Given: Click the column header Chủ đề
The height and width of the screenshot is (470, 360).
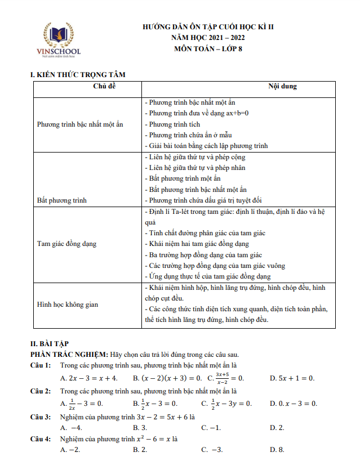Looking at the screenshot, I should click(x=88, y=87).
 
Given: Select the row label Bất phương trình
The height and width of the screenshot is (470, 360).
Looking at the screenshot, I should click(x=62, y=200).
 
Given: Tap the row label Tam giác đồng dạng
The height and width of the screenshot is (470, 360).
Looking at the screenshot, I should click(x=66, y=244).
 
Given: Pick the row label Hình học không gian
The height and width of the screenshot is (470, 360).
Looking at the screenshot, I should click(x=67, y=304).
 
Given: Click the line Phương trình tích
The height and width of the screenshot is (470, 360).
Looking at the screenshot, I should click(x=172, y=124).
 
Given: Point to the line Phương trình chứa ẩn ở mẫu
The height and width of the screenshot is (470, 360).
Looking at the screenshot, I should click(x=188, y=135).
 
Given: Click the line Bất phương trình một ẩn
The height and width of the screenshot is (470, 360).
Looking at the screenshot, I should click(x=181, y=178).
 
